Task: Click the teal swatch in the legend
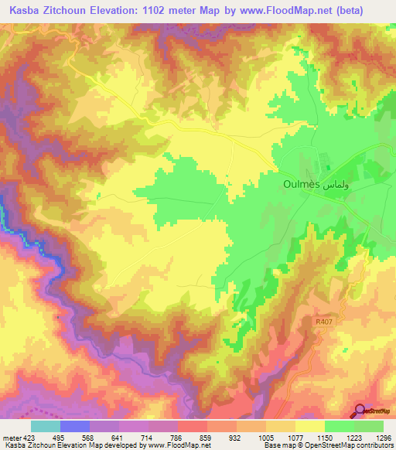tap(45, 425)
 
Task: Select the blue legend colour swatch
tap(75, 425)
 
